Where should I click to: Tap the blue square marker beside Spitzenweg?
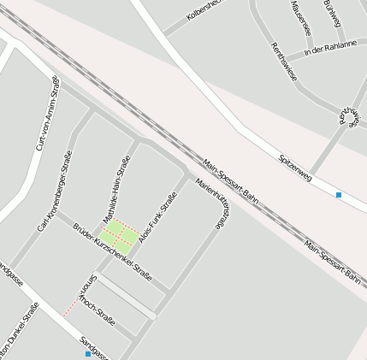coord(339,196)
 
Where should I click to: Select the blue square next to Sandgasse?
coord(87,353)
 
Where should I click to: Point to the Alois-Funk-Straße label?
coord(157,218)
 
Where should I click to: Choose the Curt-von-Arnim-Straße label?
coord(47,114)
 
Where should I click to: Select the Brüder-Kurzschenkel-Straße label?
coord(112,253)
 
